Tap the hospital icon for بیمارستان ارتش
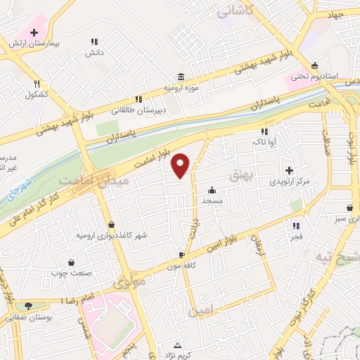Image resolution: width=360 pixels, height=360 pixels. point(34,32)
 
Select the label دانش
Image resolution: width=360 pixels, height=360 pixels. point(95,53)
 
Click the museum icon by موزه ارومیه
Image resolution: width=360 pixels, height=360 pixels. point(181,76)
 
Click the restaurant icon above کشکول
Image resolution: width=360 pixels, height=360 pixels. point(37,83)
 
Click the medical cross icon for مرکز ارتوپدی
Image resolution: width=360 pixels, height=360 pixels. point(289,170)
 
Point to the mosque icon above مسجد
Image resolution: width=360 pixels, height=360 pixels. point(212,190)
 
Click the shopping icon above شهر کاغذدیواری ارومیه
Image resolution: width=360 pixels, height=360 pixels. point(112,224)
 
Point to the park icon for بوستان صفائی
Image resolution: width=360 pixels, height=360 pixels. point(28,306)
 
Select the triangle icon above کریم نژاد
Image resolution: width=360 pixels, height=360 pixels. point(178,345)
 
